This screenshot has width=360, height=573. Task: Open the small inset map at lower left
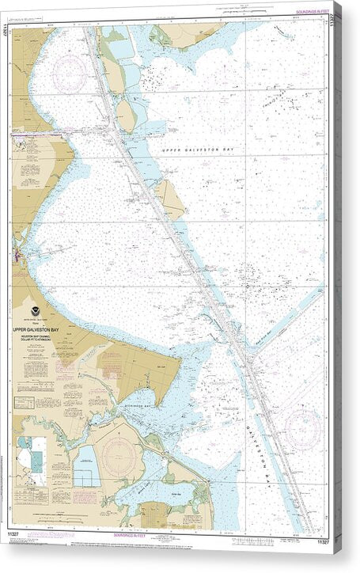pyautogui.click(x=32, y=460)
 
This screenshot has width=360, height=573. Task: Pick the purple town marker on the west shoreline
pyautogui.click(x=17, y=256)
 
